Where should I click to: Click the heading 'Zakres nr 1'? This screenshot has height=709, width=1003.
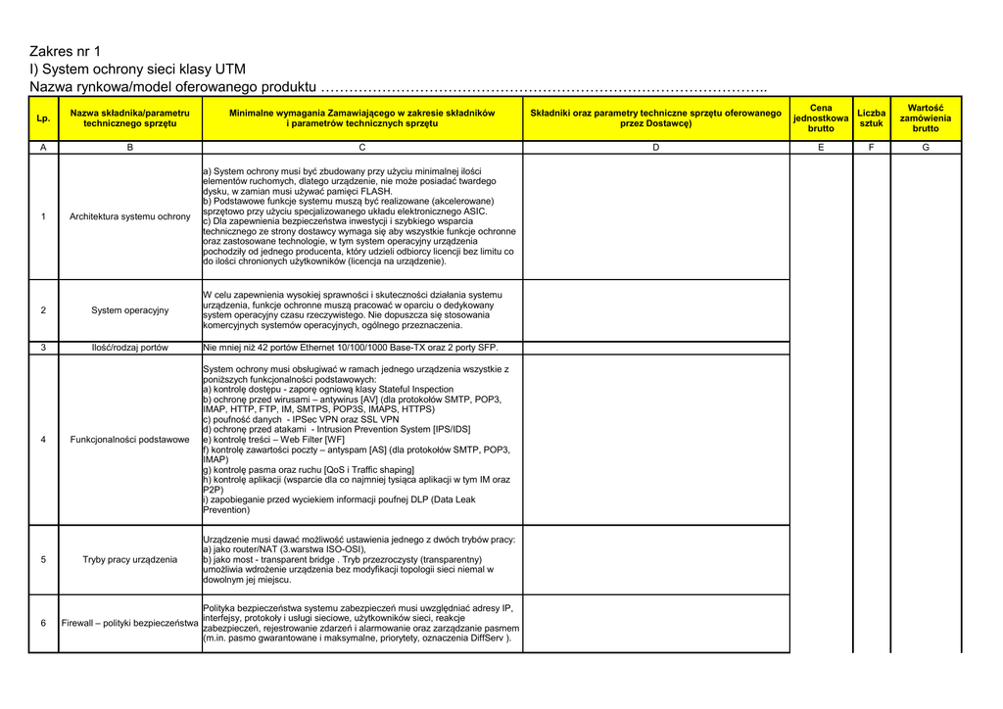click(65, 51)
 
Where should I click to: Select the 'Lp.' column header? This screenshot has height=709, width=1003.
click(43, 118)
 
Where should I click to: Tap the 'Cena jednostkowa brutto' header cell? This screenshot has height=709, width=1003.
click(821, 118)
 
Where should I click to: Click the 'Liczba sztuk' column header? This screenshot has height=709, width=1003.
click(871, 118)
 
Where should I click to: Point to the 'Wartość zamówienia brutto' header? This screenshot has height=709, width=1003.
click(925, 118)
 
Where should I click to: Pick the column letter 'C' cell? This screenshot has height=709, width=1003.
click(361, 147)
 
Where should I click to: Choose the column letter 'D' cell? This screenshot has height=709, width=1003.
click(655, 147)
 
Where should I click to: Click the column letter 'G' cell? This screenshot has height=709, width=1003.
click(925, 147)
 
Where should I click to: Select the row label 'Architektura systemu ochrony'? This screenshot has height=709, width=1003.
click(130, 216)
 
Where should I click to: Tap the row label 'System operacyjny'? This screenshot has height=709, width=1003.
click(130, 310)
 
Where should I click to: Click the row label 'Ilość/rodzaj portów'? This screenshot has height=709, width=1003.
click(130, 348)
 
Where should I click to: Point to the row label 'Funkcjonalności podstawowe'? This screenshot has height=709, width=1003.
click(130, 440)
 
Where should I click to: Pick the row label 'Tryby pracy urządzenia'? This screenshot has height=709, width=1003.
click(130, 560)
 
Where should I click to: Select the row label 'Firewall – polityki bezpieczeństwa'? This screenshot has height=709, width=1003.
click(130, 624)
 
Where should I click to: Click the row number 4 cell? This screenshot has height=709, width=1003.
click(43, 440)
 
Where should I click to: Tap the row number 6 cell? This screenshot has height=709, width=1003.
click(43, 624)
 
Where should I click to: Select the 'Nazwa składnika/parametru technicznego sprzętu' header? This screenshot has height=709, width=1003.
click(130, 118)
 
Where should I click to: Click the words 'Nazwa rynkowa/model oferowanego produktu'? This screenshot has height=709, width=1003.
click(173, 88)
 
